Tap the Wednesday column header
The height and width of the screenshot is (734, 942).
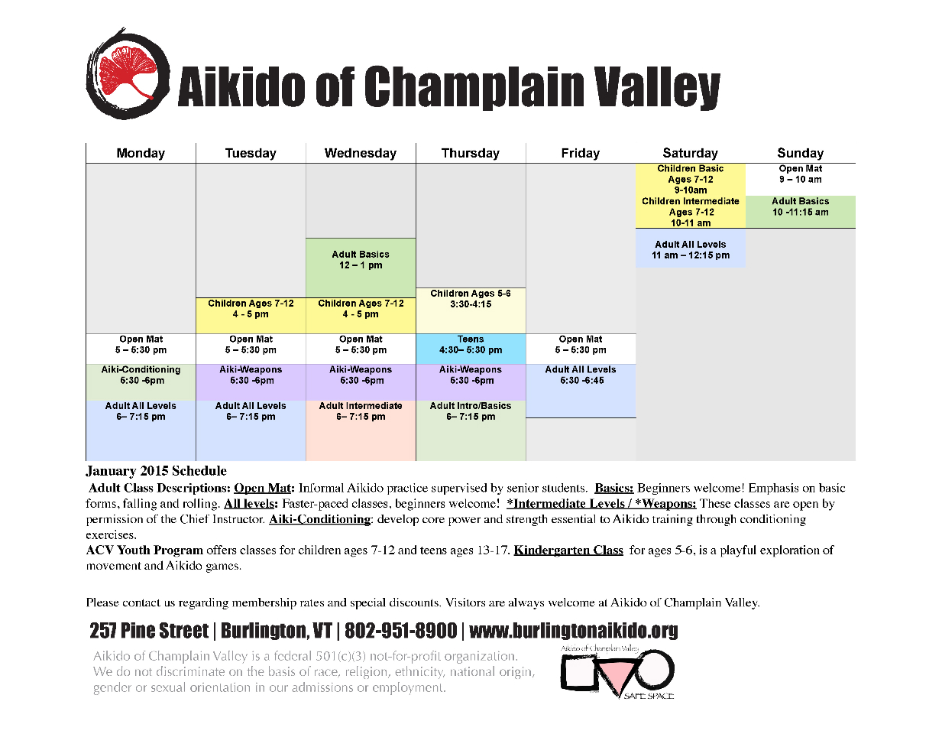click(x=361, y=153)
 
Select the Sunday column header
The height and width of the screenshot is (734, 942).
click(x=800, y=153)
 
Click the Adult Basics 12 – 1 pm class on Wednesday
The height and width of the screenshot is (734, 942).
click(x=361, y=268)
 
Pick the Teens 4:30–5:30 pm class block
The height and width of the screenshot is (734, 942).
click(x=471, y=349)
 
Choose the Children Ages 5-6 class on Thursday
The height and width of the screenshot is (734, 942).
click(x=471, y=310)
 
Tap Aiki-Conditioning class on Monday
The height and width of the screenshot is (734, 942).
click(x=141, y=382)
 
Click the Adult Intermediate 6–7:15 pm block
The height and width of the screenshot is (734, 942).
click(x=361, y=430)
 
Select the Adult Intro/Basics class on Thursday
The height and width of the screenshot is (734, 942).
click(x=471, y=430)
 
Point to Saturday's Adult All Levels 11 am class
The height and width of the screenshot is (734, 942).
click(x=691, y=248)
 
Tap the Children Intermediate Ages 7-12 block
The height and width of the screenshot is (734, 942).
click(x=691, y=212)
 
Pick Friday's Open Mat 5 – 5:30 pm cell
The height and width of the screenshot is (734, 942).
click(x=581, y=349)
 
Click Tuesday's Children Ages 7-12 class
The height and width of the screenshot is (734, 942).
click(x=251, y=315)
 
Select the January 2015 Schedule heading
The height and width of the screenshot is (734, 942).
click(x=156, y=471)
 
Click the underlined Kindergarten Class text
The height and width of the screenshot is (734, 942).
click(x=568, y=550)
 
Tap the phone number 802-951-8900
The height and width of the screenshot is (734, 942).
click(x=400, y=631)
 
